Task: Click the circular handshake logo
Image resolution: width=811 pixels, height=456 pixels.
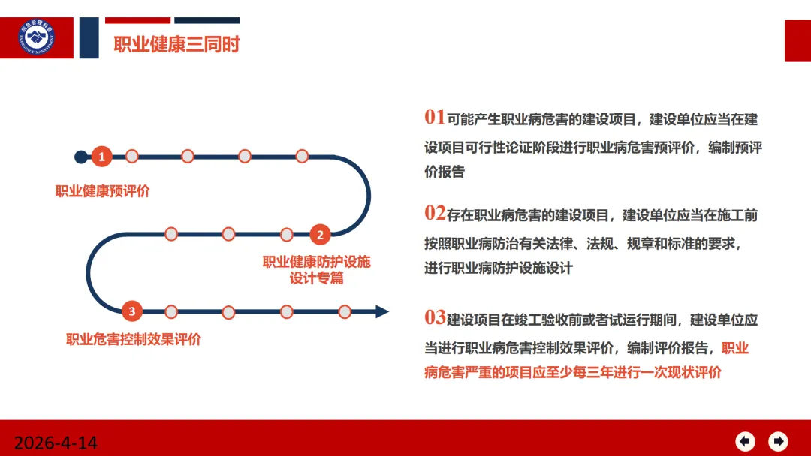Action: [x=36, y=37]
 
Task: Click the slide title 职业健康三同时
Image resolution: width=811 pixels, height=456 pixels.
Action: [x=177, y=44]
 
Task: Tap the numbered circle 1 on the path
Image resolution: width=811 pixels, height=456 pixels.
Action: [x=102, y=157]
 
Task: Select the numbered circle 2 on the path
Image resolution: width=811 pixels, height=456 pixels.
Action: [x=320, y=235]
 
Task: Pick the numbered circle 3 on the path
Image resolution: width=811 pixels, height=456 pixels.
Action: [x=132, y=311]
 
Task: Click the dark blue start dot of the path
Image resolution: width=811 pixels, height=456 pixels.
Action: [x=81, y=157]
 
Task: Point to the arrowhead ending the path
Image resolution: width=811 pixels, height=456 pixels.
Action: [x=381, y=311]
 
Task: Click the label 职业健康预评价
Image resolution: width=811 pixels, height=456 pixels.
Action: [x=102, y=191]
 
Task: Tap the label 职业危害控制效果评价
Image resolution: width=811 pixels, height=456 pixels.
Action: [x=134, y=339]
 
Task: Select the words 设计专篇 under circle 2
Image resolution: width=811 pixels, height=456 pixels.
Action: [x=317, y=278]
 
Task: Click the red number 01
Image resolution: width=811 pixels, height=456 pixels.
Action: [x=435, y=117]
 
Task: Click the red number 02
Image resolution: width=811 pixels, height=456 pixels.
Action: [x=435, y=213]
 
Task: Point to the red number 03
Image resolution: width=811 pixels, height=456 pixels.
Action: [x=435, y=317]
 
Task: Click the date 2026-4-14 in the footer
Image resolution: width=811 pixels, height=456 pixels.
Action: [x=56, y=442]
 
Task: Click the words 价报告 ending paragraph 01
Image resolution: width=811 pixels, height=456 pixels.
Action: [x=445, y=172]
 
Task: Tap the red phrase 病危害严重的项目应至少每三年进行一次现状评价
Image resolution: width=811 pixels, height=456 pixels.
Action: [x=573, y=372]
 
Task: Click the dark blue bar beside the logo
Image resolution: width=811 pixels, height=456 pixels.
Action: [x=89, y=37]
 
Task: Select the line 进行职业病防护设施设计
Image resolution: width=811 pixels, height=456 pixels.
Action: [x=499, y=268]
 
